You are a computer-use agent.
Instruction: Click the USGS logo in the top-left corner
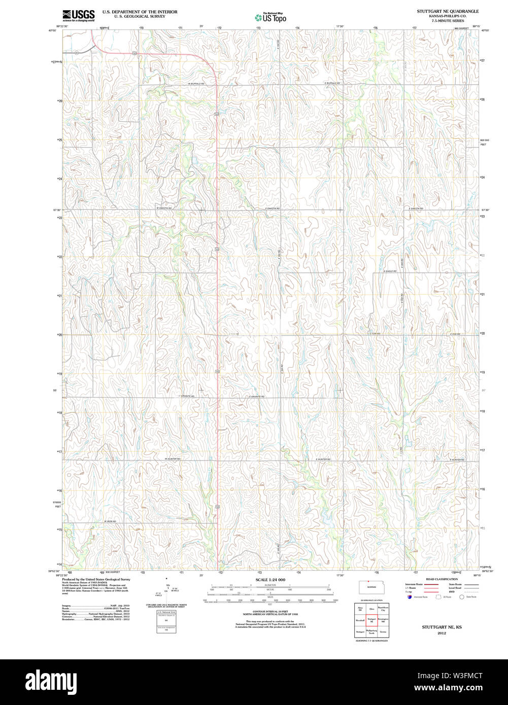[78, 15]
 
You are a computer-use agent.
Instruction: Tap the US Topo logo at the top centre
[270, 17]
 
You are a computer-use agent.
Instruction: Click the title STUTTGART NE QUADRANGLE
[448, 11]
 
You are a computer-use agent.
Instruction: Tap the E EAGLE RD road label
[390, 271]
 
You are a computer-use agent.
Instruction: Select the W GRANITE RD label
[187, 396]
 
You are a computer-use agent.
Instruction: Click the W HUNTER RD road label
[173, 459]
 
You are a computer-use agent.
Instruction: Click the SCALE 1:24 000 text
[270, 580]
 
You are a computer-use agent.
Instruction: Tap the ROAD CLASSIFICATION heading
[442, 579]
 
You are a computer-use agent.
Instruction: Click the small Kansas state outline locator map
[376, 588]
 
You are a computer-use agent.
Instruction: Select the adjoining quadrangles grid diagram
[371, 620]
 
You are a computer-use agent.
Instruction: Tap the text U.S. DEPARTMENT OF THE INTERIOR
[140, 11]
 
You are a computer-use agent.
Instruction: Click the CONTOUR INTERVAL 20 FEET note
[270, 612]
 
